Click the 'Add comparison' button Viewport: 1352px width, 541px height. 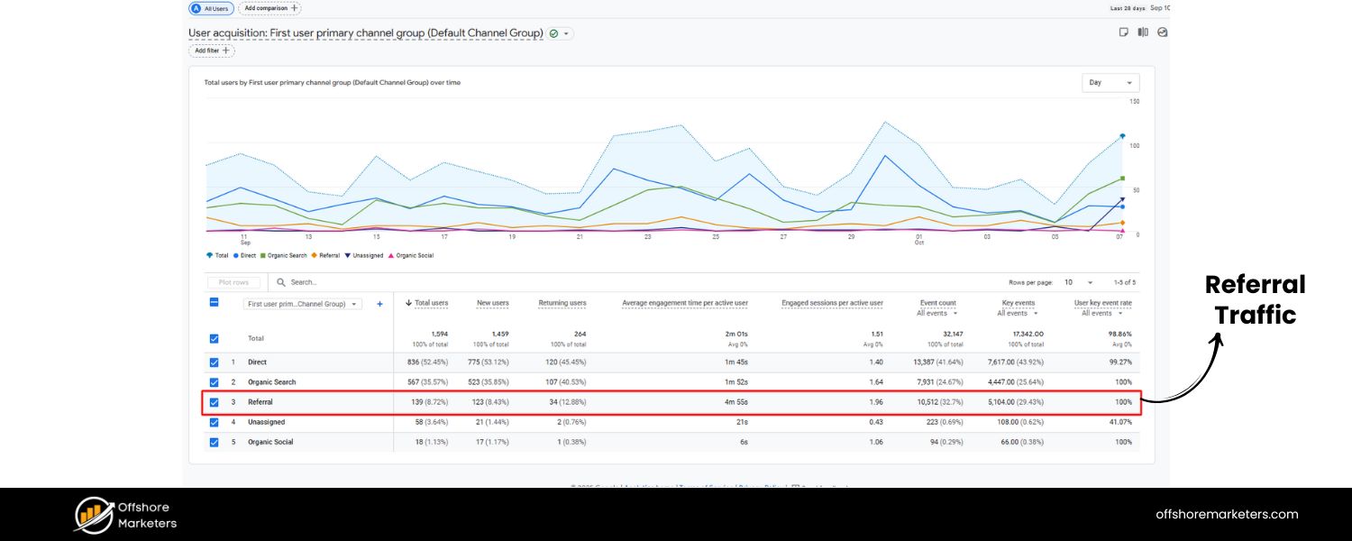(x=269, y=8)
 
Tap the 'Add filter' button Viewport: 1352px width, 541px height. (x=212, y=50)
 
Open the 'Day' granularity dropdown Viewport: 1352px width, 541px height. (x=1110, y=82)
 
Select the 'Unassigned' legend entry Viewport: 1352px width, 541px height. (x=365, y=255)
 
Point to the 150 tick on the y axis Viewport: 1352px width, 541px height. (x=1134, y=102)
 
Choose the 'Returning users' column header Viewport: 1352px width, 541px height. (x=562, y=303)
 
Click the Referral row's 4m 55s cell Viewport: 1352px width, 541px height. (x=735, y=402)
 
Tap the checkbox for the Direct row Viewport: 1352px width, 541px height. (x=214, y=362)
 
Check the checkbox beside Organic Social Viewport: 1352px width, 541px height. (x=214, y=442)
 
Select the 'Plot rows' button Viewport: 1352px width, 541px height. (x=233, y=282)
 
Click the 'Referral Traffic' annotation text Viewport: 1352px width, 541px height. (x=1255, y=299)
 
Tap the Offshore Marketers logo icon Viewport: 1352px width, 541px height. (x=93, y=514)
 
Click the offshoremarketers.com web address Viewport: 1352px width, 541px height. (x=1227, y=514)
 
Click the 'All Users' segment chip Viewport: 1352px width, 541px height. (x=211, y=8)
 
